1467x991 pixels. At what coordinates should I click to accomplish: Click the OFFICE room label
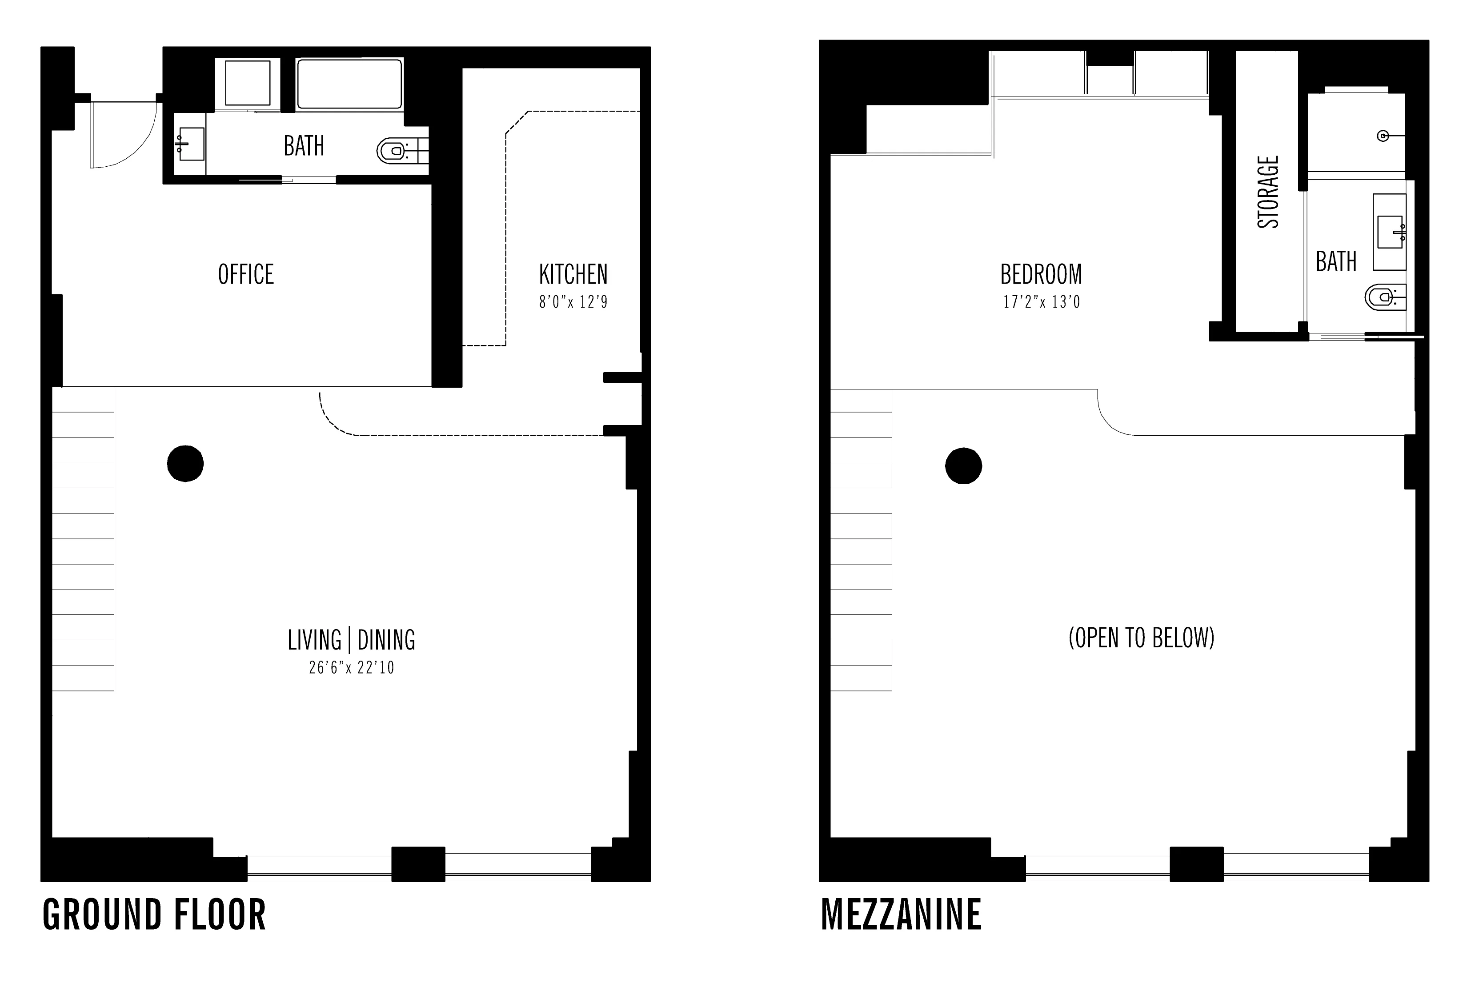245,275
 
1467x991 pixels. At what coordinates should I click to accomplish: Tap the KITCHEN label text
573,275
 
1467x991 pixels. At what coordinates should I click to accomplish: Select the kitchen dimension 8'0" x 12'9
573,302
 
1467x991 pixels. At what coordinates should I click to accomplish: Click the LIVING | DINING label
351,640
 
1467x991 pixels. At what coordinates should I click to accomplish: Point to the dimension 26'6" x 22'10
351,668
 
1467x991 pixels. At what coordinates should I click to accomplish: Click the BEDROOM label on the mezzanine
1041,275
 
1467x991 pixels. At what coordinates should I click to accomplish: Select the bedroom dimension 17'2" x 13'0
1041,302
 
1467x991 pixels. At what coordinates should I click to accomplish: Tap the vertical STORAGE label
1267,192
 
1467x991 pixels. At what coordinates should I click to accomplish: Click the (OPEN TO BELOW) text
1141,638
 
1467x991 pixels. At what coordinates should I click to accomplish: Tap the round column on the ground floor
185,464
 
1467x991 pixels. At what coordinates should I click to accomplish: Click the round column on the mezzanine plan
963,466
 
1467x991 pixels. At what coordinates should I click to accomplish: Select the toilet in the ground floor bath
393,151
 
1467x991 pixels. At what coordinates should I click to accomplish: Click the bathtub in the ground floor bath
349,84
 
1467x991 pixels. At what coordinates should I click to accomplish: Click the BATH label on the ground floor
304,146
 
